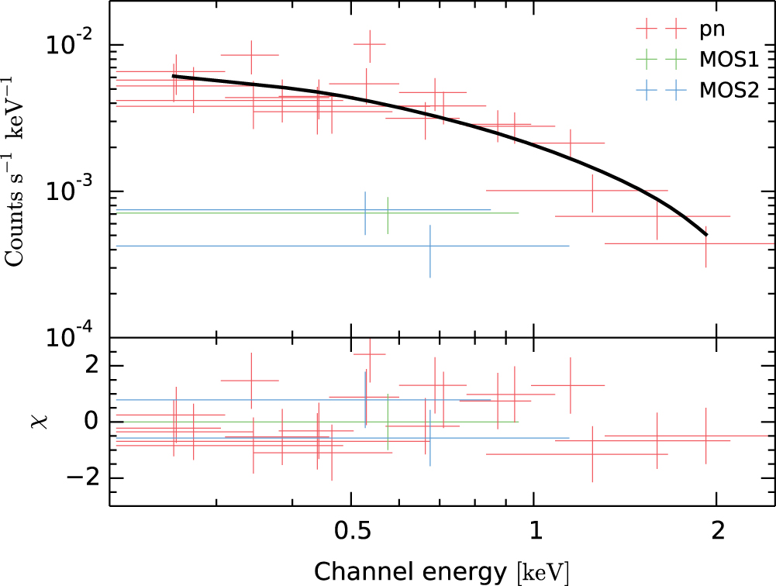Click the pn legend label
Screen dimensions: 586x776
tap(711, 31)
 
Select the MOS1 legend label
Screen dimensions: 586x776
tap(728, 60)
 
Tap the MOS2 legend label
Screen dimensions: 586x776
tap(728, 90)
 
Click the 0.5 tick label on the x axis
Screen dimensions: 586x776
tap(352, 533)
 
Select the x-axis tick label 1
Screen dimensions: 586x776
tap(534, 533)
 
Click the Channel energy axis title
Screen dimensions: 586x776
tap(442, 572)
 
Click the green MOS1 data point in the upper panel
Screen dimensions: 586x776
tap(388, 213)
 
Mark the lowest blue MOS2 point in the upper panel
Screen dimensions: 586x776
tap(429, 246)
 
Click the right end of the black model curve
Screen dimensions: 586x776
tap(706, 234)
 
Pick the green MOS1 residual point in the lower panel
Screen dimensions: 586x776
tap(388, 422)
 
